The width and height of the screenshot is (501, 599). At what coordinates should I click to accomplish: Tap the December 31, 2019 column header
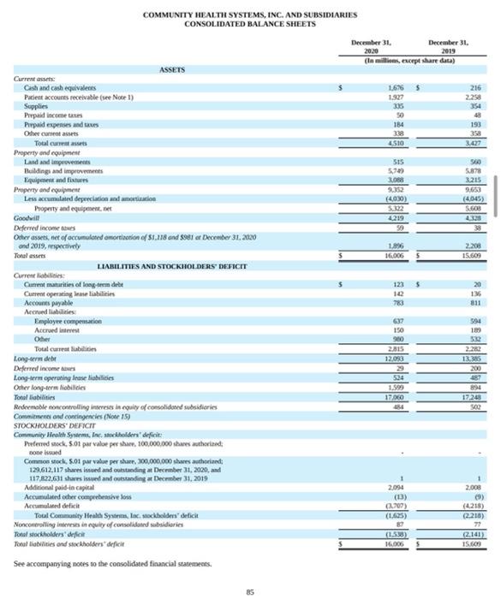450,46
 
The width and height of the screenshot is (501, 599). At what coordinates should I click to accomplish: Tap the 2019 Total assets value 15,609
471,231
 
